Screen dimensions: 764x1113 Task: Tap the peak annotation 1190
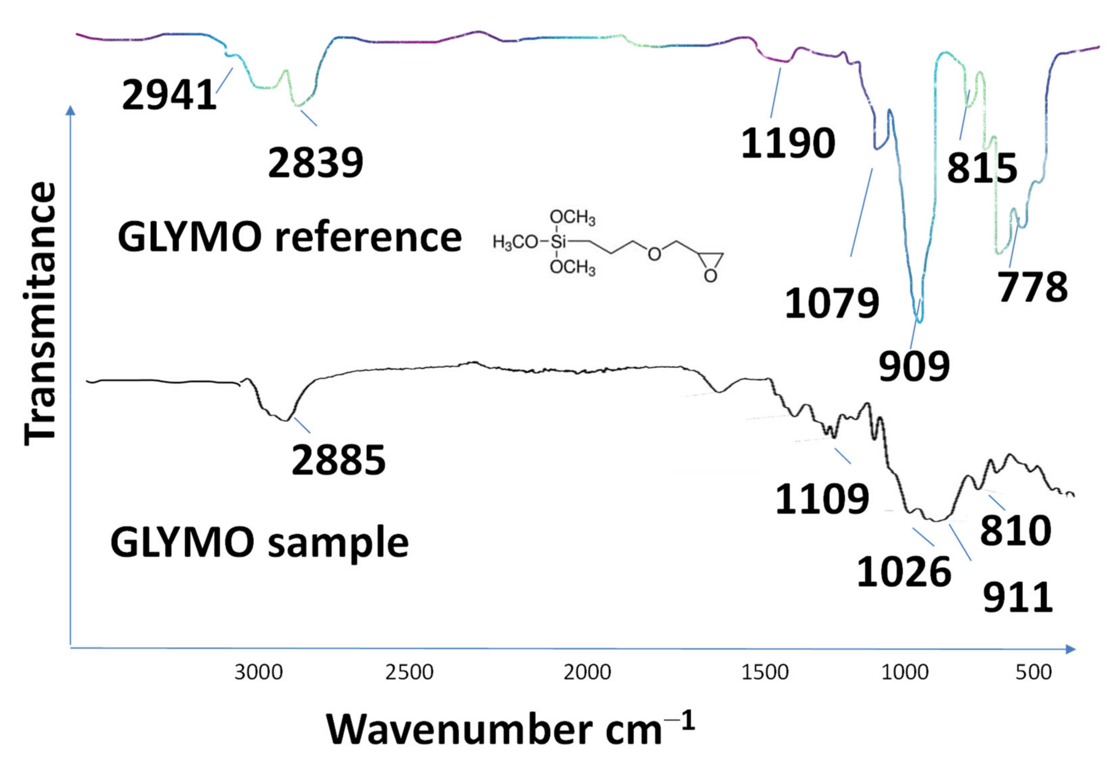(x=788, y=143)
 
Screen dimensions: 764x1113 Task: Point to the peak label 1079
(x=832, y=303)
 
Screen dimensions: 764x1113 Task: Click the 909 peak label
(x=914, y=366)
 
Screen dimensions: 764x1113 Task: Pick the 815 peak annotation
(x=982, y=168)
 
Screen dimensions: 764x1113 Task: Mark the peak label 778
(x=1033, y=287)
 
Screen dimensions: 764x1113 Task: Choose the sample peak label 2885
(x=338, y=460)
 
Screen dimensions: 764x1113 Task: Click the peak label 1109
(x=822, y=499)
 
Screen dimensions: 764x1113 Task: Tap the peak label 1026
(x=904, y=572)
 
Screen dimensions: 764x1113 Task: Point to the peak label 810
(x=1015, y=531)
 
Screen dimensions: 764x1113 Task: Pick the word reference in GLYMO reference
(x=368, y=238)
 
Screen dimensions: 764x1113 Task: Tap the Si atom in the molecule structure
(x=558, y=242)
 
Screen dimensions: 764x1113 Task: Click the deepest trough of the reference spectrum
(x=918, y=320)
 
